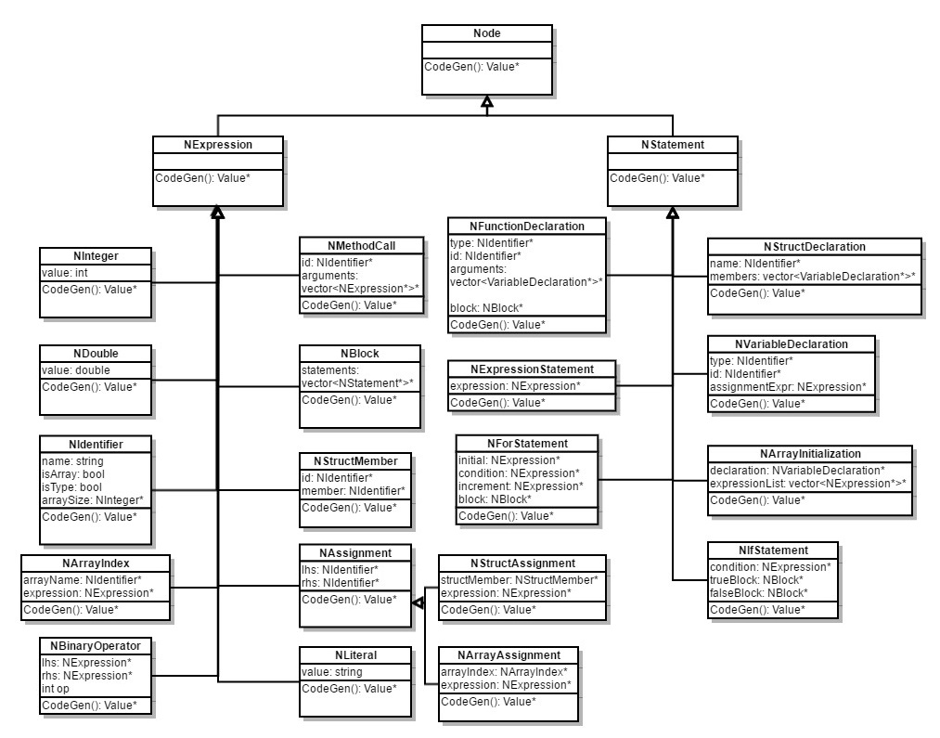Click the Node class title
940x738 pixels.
(487, 34)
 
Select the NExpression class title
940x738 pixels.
(217, 144)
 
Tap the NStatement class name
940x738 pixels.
(673, 144)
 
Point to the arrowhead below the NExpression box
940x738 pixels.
(217, 213)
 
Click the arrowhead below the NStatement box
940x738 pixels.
(673, 213)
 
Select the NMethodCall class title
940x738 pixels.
(362, 245)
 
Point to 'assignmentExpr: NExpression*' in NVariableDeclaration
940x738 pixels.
(788, 387)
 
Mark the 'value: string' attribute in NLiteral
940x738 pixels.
(332, 671)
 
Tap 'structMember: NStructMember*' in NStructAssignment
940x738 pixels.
(519, 579)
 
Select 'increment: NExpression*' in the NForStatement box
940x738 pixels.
(521, 486)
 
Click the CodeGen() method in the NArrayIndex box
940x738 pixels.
(71, 609)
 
